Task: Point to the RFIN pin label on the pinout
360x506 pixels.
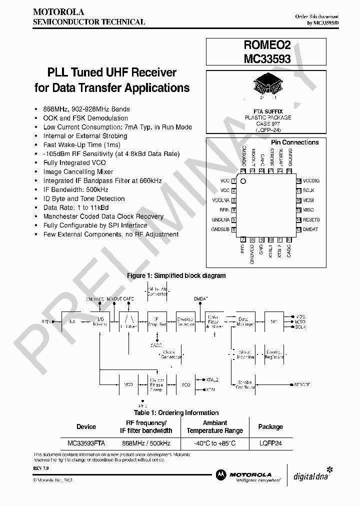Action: click(x=224, y=210)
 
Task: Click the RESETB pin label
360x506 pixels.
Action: click(x=311, y=219)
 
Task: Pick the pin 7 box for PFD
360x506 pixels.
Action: click(x=243, y=239)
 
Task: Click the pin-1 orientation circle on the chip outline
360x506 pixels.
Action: click(x=243, y=181)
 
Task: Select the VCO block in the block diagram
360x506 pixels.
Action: click(x=128, y=384)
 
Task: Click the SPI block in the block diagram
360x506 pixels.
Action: click(x=273, y=321)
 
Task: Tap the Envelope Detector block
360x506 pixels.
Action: click(x=186, y=321)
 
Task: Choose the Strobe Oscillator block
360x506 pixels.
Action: click(x=244, y=384)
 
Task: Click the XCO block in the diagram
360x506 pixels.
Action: click(x=186, y=384)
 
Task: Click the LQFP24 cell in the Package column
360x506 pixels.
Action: click(x=270, y=443)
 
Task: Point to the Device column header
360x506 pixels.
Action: click(x=86, y=426)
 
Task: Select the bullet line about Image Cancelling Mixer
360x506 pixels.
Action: click(x=78, y=171)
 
